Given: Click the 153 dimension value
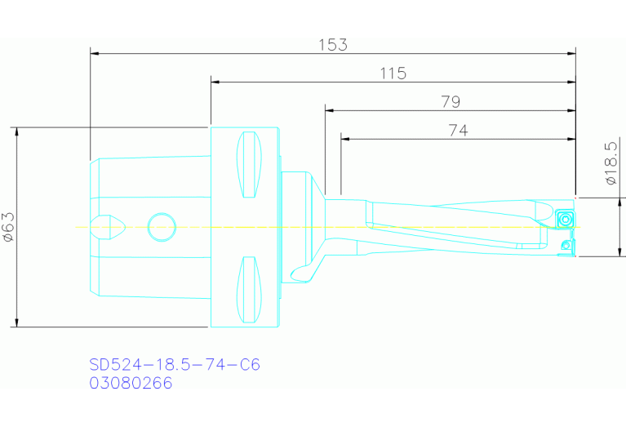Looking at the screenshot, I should pos(333,44).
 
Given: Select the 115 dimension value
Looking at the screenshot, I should pos(393,73).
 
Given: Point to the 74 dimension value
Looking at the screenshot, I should pos(458,130).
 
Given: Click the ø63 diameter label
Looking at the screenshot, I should pos(8,227).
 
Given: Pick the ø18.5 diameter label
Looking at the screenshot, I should pos(610,163).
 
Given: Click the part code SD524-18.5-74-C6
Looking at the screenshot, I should pos(174,364).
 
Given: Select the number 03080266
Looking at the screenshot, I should pos(131,383).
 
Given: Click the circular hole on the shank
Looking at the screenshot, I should pos(162,227).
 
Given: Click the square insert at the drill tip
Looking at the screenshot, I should pos(565,219).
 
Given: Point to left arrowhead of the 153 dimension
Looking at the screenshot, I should pos(95,53).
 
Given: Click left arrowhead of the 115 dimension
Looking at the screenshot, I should pos(216,82).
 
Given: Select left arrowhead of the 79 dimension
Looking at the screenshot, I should pos(330,110).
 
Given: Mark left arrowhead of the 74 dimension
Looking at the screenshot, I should pos(346,139).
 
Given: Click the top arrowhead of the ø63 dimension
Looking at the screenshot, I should pos(16,132).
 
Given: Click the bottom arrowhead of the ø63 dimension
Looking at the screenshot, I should pos(16,322).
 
